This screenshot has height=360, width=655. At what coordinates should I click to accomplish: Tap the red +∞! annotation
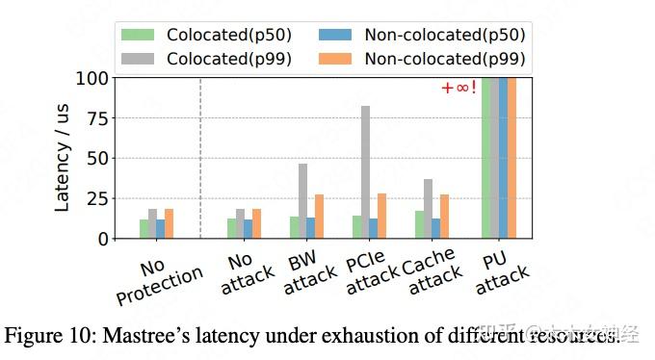[458, 89]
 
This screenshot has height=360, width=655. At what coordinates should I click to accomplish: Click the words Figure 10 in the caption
[43, 337]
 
